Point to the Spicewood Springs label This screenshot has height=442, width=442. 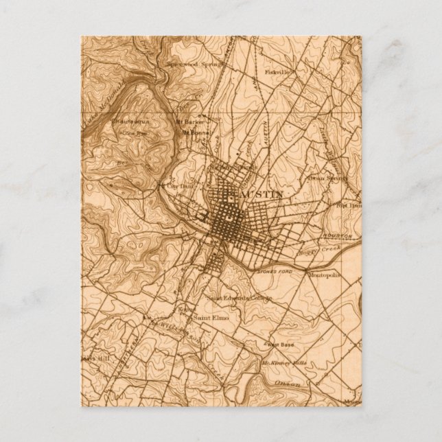click(193, 66)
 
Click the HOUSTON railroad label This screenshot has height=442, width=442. click(337, 235)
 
